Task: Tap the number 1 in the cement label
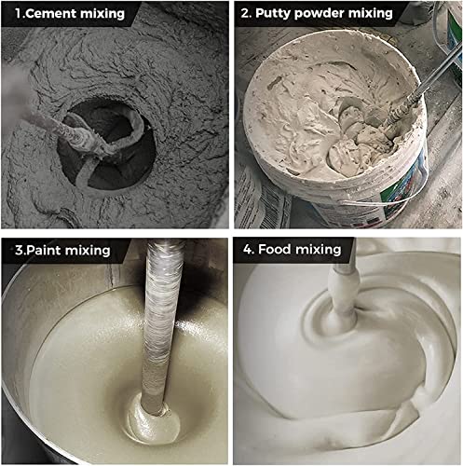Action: coord(17,14)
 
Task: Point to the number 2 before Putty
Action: coord(245,14)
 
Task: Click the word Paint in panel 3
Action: coord(43,251)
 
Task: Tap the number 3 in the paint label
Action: coord(19,251)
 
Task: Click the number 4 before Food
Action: coord(248,250)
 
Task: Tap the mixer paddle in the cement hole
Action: coord(102,146)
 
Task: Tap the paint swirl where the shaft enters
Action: coord(154,419)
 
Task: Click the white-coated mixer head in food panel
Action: coord(344,295)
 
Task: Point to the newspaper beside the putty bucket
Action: coord(259,199)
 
